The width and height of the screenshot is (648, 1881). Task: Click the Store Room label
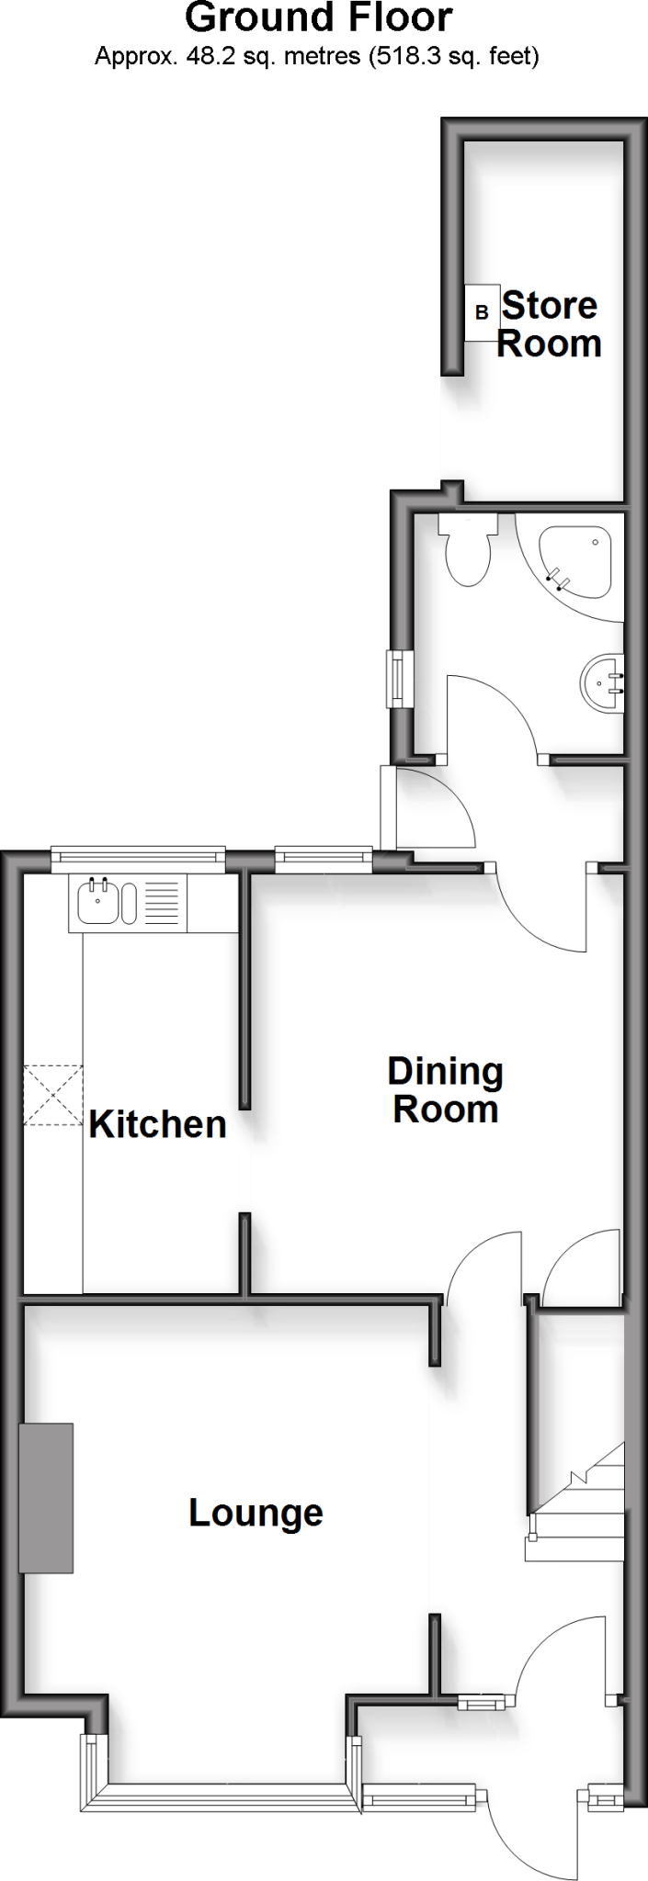click(x=549, y=324)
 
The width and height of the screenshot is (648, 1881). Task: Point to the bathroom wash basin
click(x=604, y=683)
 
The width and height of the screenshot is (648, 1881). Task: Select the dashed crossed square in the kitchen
click(x=52, y=1095)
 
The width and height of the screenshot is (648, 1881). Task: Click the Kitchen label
click(x=157, y=1124)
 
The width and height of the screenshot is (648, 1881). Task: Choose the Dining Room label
click(x=445, y=1090)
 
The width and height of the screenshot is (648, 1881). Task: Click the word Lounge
click(x=256, y=1513)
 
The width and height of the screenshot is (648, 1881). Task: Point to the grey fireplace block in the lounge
click(x=46, y=1498)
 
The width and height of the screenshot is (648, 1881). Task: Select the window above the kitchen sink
click(x=138, y=859)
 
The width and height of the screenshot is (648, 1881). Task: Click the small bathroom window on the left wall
click(x=398, y=679)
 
